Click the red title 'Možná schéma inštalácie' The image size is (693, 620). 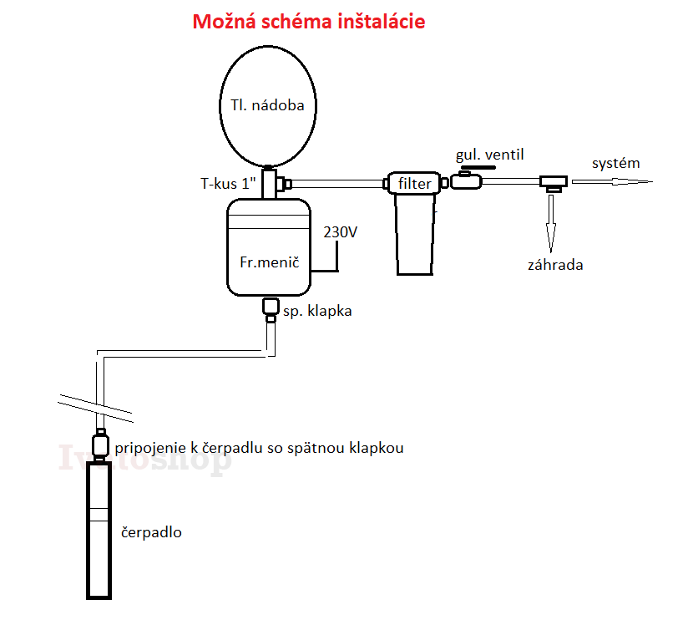tap(308, 21)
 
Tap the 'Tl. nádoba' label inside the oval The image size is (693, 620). tap(267, 105)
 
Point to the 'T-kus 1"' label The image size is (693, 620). tap(228, 183)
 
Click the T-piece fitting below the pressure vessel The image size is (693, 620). tap(275, 183)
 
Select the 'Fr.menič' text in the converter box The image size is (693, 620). tap(270, 262)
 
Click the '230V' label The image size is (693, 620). tap(340, 232)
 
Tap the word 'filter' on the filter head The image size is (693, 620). tap(414, 183)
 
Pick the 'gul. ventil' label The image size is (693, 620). tap(490, 155)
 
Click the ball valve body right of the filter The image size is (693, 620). tap(466, 181)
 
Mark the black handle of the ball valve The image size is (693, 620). tap(478, 168)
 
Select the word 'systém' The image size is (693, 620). tap(615, 163)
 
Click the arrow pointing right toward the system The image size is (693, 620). tap(612, 181)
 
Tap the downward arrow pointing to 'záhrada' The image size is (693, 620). tap(551, 223)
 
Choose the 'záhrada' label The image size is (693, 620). tap(555, 265)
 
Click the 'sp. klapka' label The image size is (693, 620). tap(317, 311)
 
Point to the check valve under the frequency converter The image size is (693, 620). tap(271, 309)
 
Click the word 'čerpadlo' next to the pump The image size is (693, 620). tap(151, 532)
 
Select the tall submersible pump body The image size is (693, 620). tap(99, 530)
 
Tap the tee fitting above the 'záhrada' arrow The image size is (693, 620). tap(554, 183)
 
